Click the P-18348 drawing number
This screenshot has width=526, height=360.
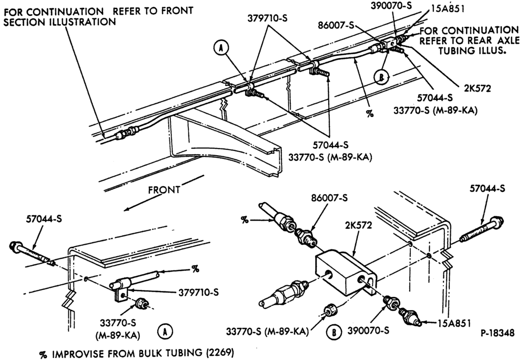click(x=498, y=333)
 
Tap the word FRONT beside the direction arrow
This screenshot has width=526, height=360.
click(x=164, y=190)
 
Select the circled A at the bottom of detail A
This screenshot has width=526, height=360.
click(x=165, y=332)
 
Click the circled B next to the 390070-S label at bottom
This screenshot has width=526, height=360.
click(x=334, y=332)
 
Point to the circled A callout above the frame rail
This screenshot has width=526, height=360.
click(x=221, y=49)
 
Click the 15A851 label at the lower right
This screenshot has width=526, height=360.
click(x=454, y=323)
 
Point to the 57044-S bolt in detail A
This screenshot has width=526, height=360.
click(x=30, y=253)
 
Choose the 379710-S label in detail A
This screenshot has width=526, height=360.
click(x=198, y=292)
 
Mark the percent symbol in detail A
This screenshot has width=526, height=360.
click(x=195, y=269)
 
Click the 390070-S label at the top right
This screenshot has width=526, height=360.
click(x=391, y=5)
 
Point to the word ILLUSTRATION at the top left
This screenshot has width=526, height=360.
click(x=60, y=22)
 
